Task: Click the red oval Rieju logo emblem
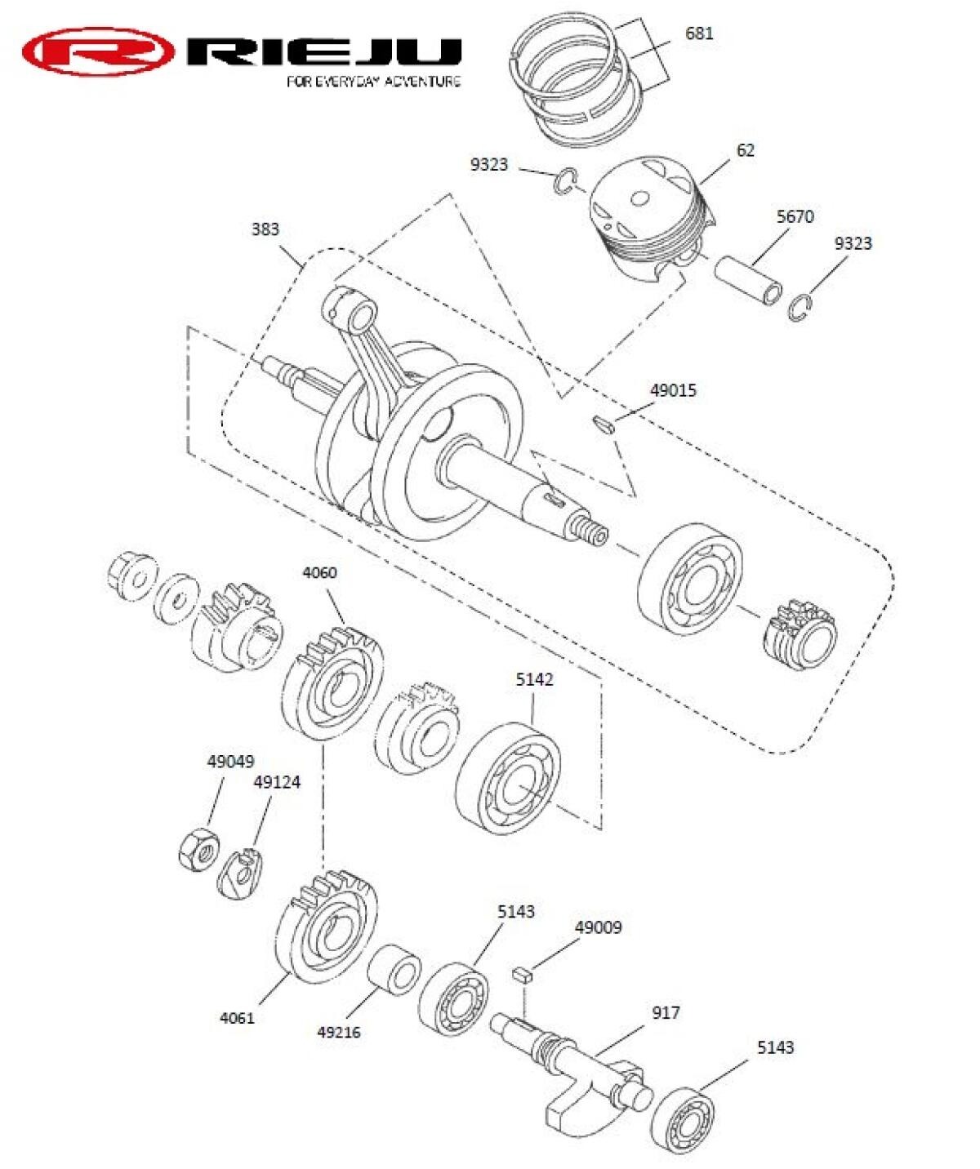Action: (98, 51)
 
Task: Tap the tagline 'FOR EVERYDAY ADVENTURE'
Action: (373, 82)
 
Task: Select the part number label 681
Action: (699, 33)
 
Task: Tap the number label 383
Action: (265, 229)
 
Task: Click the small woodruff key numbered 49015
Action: (603, 424)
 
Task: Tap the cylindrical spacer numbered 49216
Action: (394, 970)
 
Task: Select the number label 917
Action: (666, 1013)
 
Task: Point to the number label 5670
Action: (795, 216)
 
